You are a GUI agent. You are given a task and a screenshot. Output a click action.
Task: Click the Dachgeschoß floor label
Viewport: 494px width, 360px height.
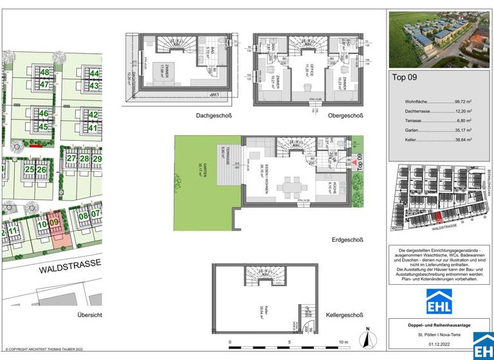click(x=214, y=116)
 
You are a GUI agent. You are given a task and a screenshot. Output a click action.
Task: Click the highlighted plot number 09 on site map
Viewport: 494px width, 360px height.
click(x=55, y=224)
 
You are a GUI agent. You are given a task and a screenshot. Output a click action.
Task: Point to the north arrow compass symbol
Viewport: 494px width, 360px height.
click(x=365, y=338)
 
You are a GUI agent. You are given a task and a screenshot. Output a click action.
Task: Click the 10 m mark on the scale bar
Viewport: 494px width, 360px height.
click(x=343, y=342)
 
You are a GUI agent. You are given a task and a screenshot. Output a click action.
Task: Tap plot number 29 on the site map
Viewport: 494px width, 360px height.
click(x=96, y=158)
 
